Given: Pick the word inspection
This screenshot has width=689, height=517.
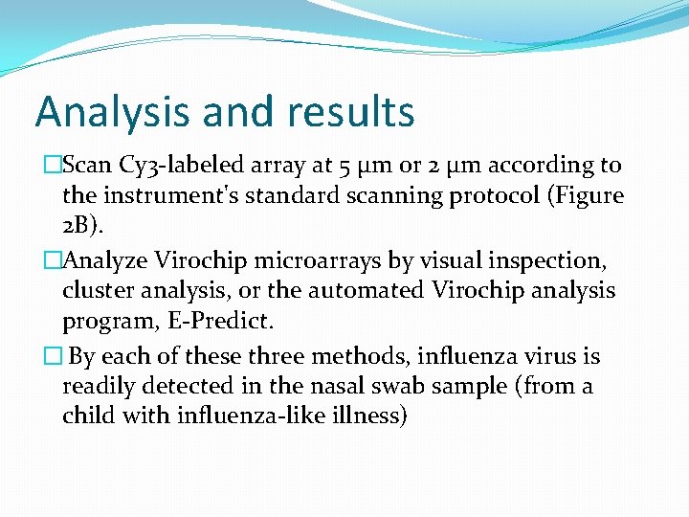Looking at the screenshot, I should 537,259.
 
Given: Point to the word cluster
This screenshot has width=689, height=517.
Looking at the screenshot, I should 99,290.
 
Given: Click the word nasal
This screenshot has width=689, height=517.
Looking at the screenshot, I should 363,387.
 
